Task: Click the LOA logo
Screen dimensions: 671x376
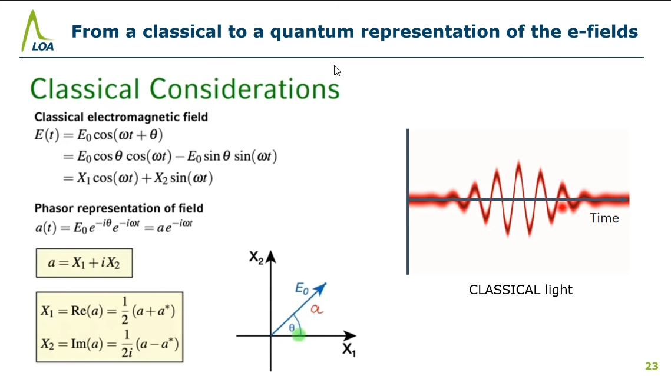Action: (38, 31)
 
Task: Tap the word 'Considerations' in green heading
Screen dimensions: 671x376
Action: (244, 89)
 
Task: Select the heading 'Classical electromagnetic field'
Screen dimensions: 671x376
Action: (121, 117)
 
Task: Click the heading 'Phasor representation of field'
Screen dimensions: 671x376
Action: (119, 208)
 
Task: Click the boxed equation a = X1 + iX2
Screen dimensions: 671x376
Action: (84, 263)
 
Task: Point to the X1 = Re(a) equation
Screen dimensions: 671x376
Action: (108, 311)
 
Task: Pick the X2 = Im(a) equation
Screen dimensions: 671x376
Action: (110, 343)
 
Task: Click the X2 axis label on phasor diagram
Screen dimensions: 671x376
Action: (256, 258)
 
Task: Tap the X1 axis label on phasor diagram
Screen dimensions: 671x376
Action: (349, 350)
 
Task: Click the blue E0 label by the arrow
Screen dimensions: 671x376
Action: (302, 289)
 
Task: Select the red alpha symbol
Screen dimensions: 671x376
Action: (317, 308)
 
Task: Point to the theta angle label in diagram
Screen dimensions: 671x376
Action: (292, 328)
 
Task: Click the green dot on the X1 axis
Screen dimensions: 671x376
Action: (299, 335)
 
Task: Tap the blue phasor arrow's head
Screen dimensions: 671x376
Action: (321, 288)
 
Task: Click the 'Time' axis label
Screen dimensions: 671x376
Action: (604, 218)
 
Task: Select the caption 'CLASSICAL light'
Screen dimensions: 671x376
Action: (521, 290)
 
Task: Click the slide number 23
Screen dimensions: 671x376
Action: (652, 366)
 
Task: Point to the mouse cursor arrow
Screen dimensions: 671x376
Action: (337, 71)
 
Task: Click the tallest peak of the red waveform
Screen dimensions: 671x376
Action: (518, 162)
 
